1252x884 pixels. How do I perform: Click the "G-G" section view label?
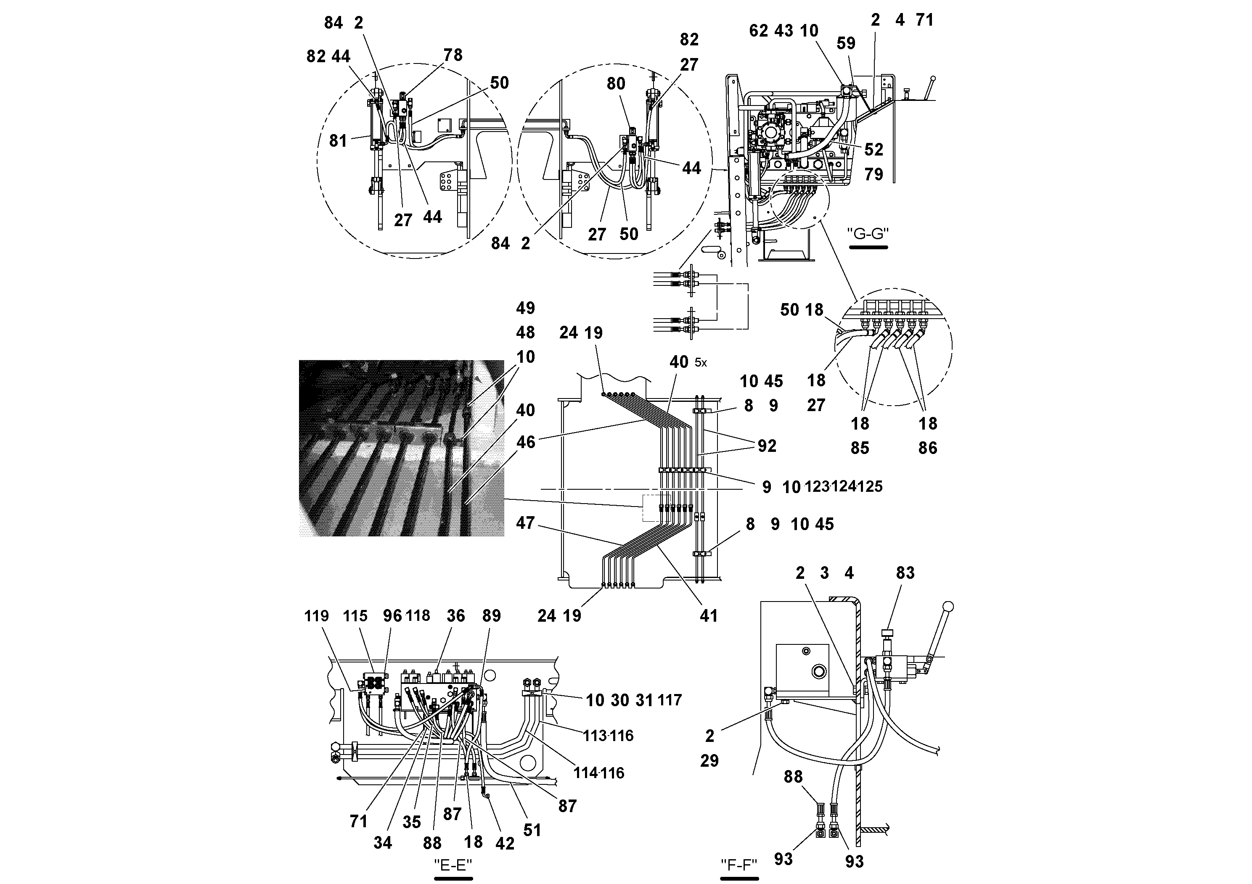click(868, 233)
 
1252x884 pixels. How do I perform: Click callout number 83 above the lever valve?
click(905, 573)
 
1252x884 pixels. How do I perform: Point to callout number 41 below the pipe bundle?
click(708, 616)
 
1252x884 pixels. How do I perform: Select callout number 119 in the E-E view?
click(316, 616)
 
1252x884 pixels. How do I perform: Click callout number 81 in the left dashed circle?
click(338, 141)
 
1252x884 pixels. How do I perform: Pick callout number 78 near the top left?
click(453, 55)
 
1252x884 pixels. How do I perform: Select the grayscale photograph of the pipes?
click(401, 448)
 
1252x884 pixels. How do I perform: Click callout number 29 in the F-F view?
click(709, 760)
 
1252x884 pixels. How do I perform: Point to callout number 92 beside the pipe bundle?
click(767, 446)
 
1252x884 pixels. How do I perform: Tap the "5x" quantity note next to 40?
click(701, 363)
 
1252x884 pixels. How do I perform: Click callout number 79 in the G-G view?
click(873, 174)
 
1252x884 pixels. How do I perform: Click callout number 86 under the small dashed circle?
click(928, 448)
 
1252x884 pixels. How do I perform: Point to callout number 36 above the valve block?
click(455, 616)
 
